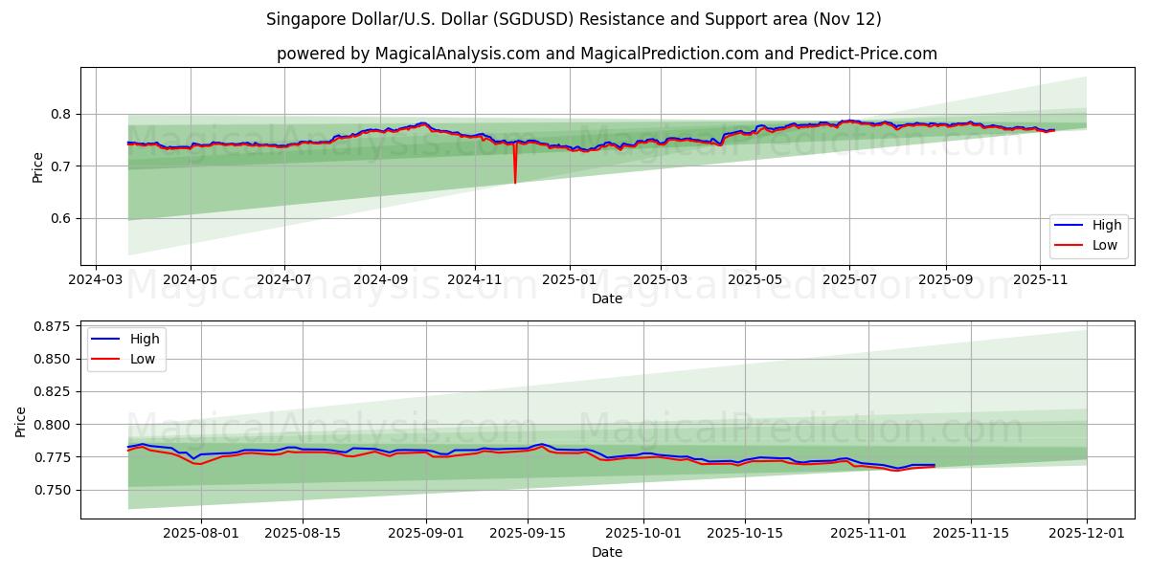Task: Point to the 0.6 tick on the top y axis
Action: (58, 218)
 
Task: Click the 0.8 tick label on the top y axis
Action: (58, 114)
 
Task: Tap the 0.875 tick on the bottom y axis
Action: (51, 326)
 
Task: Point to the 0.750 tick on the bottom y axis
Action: (51, 490)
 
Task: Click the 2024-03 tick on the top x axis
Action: (96, 279)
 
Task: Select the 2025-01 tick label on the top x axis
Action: (570, 279)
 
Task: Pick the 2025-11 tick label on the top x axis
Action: (1040, 279)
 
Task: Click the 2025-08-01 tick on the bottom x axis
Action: (201, 533)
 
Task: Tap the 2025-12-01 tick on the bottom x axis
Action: (1087, 533)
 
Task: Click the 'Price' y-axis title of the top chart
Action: (38, 166)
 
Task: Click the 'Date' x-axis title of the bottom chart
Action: (607, 552)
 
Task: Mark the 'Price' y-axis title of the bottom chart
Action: (21, 420)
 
